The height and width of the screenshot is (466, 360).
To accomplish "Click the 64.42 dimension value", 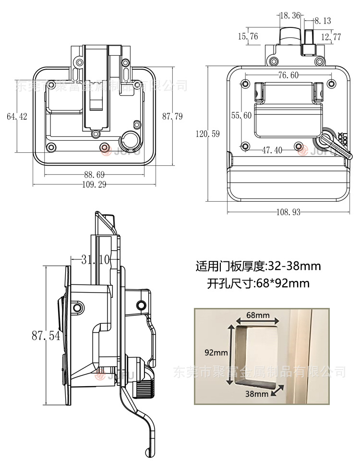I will (17, 116).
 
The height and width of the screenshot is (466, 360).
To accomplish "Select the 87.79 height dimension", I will (172, 116).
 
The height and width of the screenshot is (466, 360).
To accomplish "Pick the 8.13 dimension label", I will (323, 21).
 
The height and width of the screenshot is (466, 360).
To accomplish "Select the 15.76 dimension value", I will (248, 37).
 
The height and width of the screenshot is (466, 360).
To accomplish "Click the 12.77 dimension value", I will (331, 37).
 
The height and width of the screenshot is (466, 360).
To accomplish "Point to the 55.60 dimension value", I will (241, 115).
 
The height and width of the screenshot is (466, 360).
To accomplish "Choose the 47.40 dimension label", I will (272, 150).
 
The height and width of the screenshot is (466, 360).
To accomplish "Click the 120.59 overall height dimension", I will (207, 134).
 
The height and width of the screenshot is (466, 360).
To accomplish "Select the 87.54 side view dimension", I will (46, 335).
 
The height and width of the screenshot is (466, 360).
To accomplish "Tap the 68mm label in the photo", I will (257, 315).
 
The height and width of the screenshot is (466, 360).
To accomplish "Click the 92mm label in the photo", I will (216, 352).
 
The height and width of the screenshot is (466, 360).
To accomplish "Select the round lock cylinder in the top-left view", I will (131, 139).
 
